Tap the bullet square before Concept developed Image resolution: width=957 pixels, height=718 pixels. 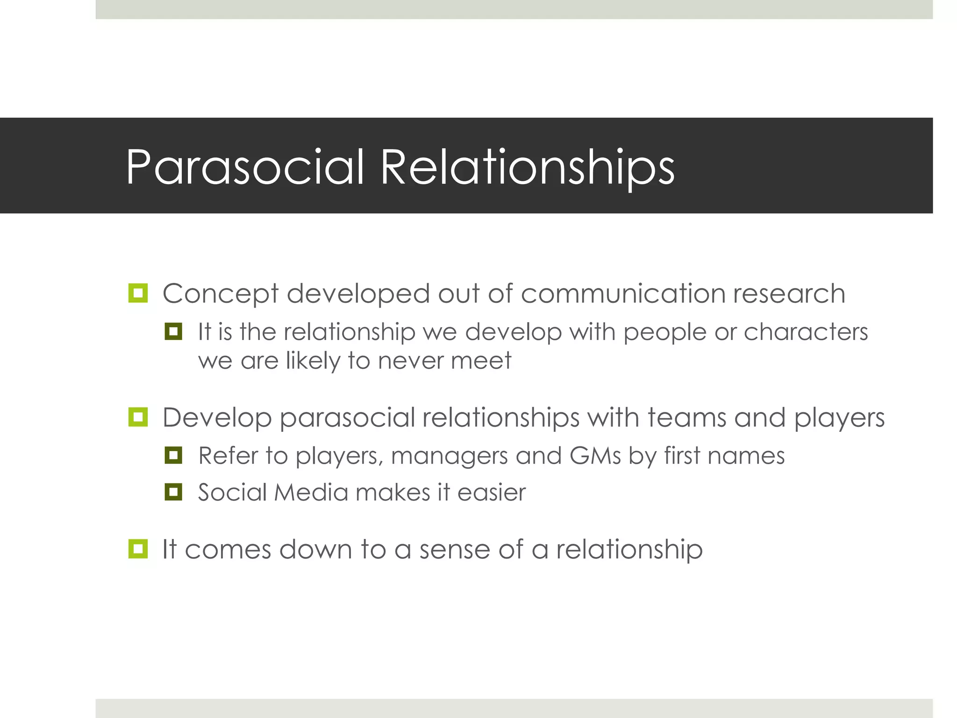pos(138,293)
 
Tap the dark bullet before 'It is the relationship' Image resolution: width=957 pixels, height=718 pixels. pos(173,331)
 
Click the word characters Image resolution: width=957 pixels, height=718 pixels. pos(806,332)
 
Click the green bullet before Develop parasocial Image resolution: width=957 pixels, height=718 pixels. pos(138,417)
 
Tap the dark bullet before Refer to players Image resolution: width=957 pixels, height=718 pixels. pos(173,455)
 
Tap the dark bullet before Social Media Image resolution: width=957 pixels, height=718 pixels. pos(173,492)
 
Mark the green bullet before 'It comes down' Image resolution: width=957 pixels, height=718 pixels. pos(138,549)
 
